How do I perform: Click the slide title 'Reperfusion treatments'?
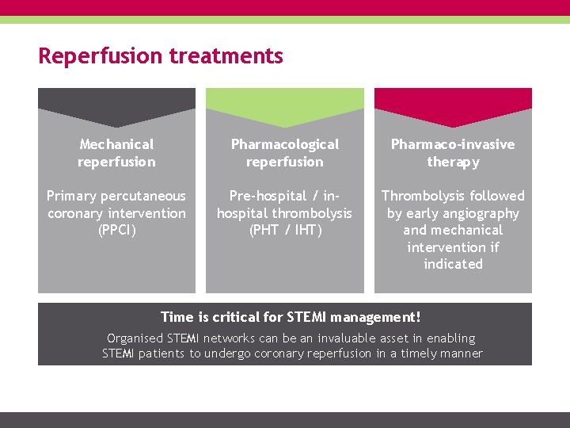(161, 56)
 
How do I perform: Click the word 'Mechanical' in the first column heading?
(116, 144)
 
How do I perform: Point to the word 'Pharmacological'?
(285, 144)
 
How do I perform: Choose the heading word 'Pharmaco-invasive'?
(453, 144)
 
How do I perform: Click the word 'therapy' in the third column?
(453, 162)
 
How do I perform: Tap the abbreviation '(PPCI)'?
(116, 231)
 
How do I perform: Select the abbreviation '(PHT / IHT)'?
(285, 231)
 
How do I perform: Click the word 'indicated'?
(453, 265)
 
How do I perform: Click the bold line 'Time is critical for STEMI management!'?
(291, 318)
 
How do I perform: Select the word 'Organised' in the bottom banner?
(135, 338)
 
